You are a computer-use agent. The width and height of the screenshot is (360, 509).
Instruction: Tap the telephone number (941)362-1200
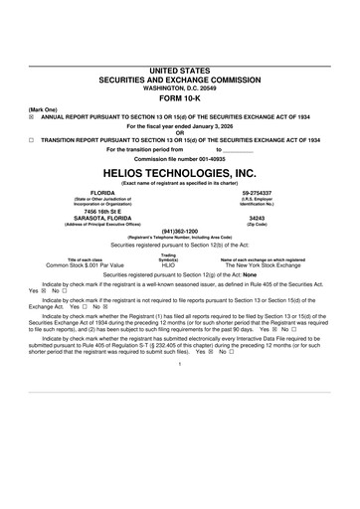click(179, 232)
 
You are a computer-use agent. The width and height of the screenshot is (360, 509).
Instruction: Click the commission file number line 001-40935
click(180, 158)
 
